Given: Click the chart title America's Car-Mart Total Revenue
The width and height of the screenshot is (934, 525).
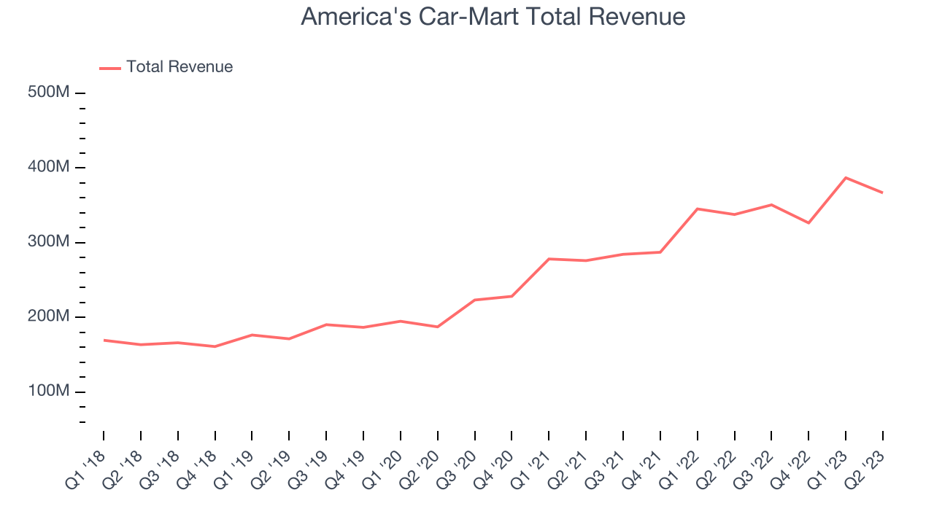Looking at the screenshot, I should (493, 16).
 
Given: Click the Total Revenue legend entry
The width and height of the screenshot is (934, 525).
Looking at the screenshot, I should (179, 67).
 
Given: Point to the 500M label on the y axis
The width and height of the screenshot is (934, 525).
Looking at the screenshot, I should (50, 93).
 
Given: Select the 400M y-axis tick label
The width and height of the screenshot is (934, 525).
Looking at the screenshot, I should (50, 168).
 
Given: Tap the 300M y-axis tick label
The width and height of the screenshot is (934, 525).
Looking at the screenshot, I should (50, 242).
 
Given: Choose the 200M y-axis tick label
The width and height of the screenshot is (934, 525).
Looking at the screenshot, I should (50, 317).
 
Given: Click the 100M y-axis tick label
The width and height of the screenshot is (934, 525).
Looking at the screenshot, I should (50, 392).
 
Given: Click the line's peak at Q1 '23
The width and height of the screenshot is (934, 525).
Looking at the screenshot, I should (846, 177).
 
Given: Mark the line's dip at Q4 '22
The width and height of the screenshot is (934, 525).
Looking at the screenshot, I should (808, 223).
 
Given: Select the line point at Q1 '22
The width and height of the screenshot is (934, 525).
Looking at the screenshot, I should (698, 209).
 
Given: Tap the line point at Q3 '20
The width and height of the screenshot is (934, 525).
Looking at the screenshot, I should (475, 300).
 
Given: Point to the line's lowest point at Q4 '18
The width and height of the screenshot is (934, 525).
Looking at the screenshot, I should (215, 346).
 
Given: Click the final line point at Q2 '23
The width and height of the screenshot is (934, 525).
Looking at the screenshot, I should (883, 192).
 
